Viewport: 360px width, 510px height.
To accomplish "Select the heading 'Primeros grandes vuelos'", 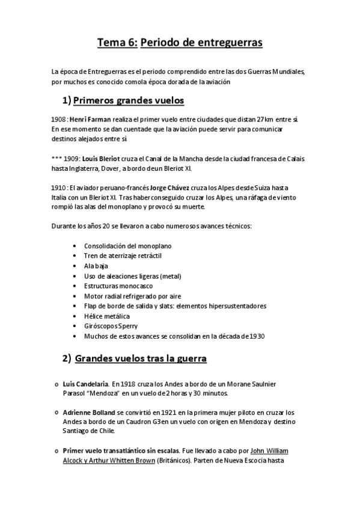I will (129, 99).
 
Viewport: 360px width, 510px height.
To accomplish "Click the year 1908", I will (58, 120).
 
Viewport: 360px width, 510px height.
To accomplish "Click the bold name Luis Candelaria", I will (85, 384).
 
